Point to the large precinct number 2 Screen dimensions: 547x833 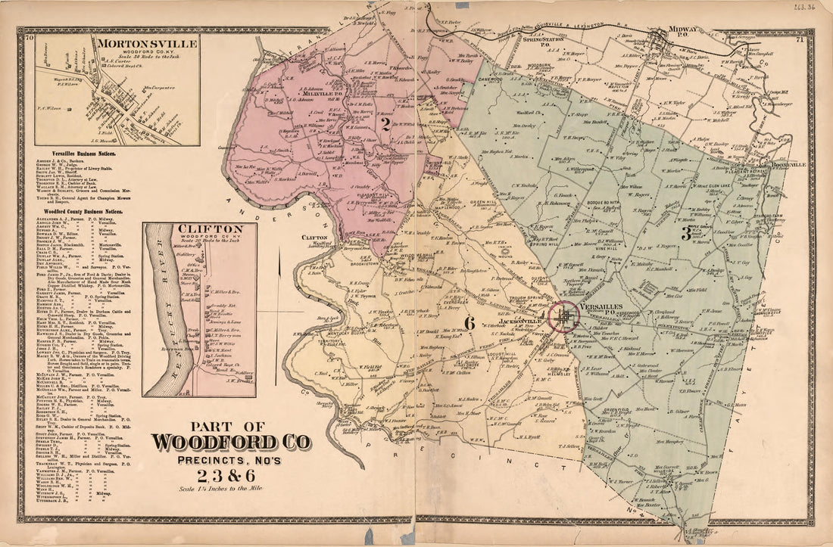[385, 126]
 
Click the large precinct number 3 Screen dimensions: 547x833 [685, 234]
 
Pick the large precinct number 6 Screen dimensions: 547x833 [469, 323]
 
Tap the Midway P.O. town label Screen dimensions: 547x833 [679, 31]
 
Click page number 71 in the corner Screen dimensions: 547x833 [800, 39]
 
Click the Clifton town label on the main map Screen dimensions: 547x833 [314, 237]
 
